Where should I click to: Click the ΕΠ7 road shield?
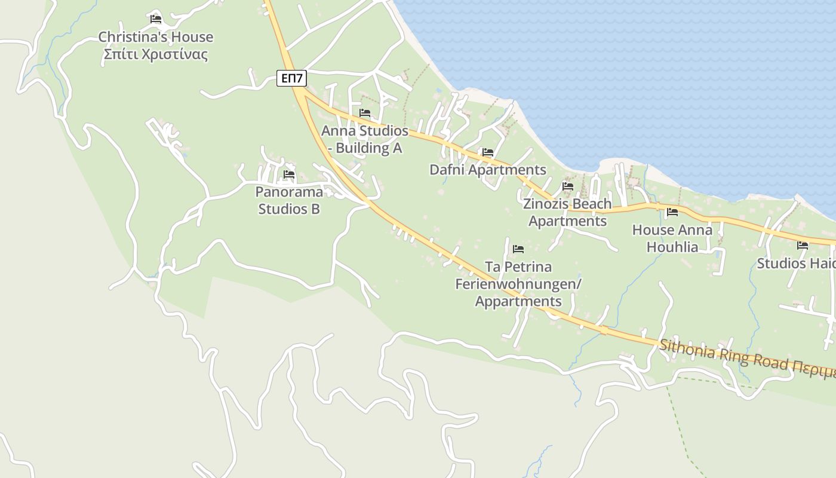point(291,78)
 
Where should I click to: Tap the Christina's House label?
point(155,37)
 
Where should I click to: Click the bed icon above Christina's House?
point(156,19)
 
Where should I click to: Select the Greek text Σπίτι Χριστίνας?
point(155,55)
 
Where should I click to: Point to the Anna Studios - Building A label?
point(365,139)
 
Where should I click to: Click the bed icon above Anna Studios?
point(365,113)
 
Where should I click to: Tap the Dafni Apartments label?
point(488,170)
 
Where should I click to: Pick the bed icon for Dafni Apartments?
point(488,152)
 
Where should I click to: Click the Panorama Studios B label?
point(289,200)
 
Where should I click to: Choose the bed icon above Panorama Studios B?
point(289,174)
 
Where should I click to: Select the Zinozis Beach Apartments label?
point(567,212)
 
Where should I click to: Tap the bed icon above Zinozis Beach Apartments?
point(567,186)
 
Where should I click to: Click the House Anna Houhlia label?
point(672,238)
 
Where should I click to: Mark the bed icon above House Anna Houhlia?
point(672,212)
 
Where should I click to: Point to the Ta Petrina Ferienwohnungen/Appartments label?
point(518,284)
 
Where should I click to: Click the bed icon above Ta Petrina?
point(518,249)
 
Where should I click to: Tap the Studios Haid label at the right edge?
point(796,263)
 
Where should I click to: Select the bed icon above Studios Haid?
point(803,245)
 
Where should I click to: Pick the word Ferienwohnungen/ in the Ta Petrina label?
point(518,284)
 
